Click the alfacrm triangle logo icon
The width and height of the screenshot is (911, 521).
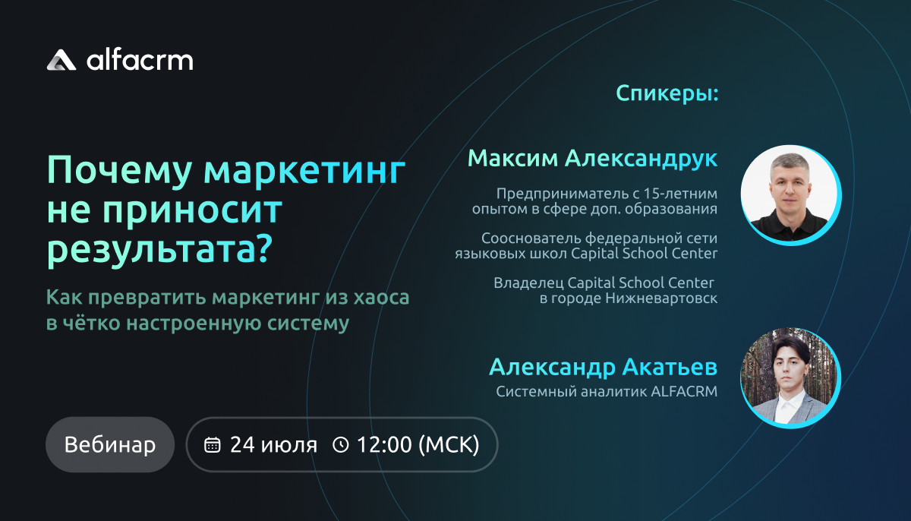61,60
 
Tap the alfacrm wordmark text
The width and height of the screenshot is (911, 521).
140,60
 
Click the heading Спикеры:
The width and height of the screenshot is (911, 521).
667,93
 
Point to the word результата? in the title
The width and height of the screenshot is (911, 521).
159,249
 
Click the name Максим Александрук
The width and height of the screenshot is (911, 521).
592,159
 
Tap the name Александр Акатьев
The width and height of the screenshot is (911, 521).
603,367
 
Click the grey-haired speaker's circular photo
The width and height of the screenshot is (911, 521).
790,195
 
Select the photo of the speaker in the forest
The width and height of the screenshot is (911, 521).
790,377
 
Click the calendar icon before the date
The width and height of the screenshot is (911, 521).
212,444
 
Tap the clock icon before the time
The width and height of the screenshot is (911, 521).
340,444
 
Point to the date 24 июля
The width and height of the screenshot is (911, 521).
273,444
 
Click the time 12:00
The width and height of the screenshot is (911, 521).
384,444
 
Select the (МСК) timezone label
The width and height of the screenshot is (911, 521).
449,444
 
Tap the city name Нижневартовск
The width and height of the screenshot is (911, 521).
661,298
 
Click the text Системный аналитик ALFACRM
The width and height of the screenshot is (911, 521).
607,391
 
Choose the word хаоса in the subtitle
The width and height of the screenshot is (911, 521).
381,297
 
